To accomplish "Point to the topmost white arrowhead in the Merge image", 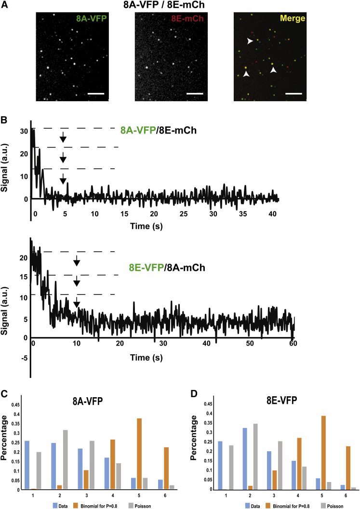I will (x=249, y=42).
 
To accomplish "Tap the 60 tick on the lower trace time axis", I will (x=292, y=343).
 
